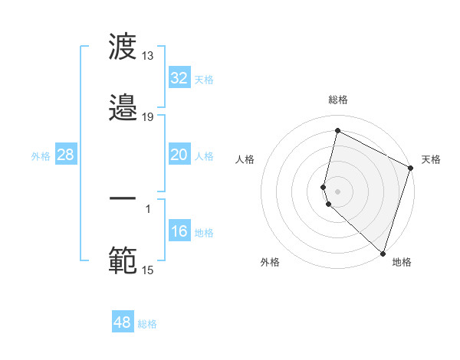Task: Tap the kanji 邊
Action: coord(123,107)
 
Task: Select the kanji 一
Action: coord(123,198)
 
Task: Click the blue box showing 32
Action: coord(179,78)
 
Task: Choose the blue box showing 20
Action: coord(179,155)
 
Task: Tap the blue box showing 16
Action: coord(179,231)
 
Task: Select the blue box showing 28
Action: coord(66,155)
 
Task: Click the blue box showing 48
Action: coord(123,322)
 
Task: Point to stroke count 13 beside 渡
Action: coord(147,56)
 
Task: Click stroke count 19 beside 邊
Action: coord(147,116)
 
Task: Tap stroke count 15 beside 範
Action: coord(147,270)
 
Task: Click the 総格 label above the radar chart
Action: coord(338,100)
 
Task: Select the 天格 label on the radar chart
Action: coord(431,159)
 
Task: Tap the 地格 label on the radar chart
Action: coord(402,262)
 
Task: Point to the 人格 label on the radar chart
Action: coord(245,159)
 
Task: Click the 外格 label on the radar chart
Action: coord(270,262)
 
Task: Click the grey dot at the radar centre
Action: coord(338,191)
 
